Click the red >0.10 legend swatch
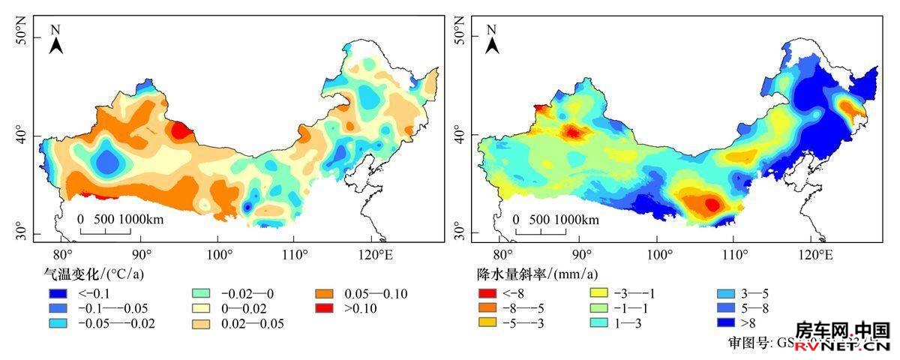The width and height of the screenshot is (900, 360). [323, 308]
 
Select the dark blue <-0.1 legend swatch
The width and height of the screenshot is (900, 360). [54, 293]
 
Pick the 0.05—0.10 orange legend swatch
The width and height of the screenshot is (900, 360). [323, 293]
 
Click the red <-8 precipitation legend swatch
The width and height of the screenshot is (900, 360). [487, 292]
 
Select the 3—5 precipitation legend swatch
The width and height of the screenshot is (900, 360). [723, 292]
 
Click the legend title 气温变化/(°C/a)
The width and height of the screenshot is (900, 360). [94, 274]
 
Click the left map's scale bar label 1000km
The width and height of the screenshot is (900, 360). [142, 220]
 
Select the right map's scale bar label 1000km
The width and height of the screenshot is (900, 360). [577, 220]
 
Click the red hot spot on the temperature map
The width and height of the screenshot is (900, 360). [181, 130]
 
